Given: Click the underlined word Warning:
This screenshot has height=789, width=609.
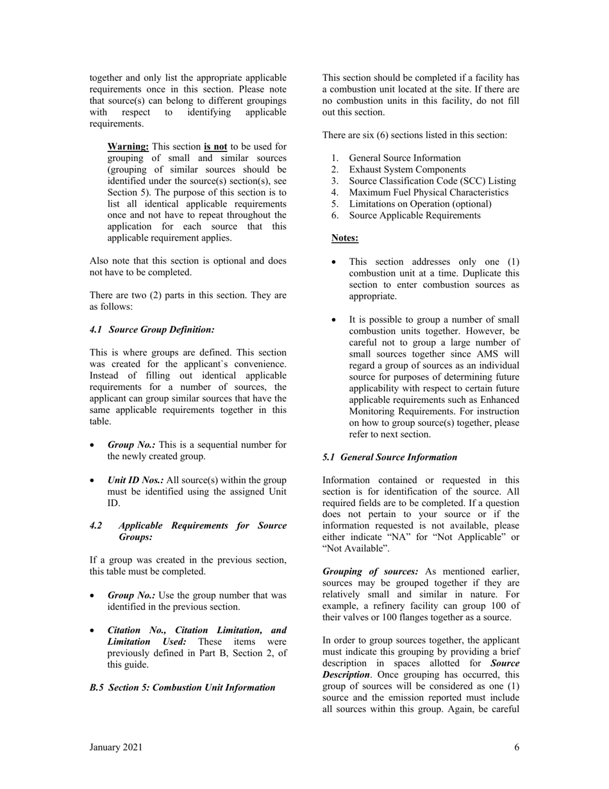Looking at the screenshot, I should point(128,147).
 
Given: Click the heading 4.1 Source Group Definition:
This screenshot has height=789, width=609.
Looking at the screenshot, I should point(152,330).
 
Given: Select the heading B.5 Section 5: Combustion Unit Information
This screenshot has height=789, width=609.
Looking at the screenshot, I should point(183,688).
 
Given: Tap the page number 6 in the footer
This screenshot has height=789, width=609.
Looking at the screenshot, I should point(517,747).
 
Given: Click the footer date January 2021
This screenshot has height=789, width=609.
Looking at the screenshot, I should point(116,747).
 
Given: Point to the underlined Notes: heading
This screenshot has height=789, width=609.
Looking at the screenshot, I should point(345,239).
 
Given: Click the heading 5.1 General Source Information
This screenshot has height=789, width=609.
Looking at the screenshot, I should point(390,457).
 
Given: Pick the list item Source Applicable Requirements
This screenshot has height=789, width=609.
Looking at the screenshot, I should point(414,216).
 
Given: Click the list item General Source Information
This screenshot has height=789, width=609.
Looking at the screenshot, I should point(405,158).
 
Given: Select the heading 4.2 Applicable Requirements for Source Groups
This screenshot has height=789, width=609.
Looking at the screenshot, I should point(188,531).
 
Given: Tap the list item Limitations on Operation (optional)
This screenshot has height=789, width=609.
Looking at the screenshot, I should point(420,204).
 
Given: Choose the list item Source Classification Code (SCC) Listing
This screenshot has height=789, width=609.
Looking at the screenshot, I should point(432,181).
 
